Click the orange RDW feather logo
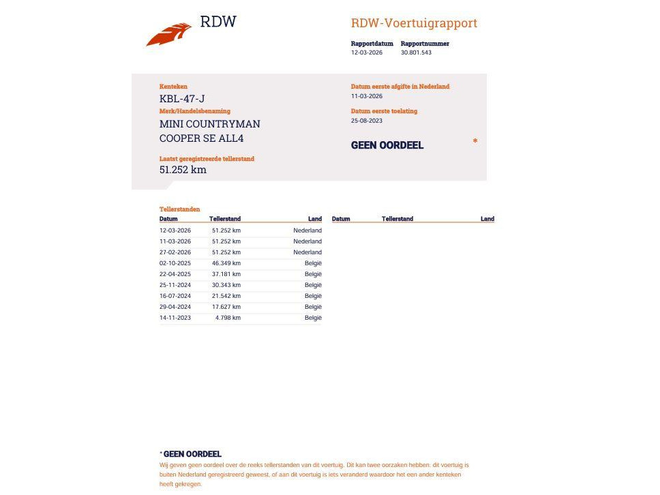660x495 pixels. point(168,34)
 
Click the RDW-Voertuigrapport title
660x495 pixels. point(414,23)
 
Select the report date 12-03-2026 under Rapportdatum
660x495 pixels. point(367,52)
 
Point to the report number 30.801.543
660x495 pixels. point(416,52)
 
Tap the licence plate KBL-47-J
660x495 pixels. point(182,98)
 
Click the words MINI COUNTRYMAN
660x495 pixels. point(209,124)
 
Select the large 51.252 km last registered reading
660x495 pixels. point(183,170)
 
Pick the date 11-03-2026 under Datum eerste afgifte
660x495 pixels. point(367,96)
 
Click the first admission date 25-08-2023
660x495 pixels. point(367,121)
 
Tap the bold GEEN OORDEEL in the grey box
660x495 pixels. point(387,145)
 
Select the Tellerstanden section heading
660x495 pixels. point(180,209)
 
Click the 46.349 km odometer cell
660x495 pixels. point(226,263)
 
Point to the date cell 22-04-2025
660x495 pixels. point(175,274)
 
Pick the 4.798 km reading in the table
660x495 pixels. point(228,318)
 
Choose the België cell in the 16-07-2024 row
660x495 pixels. point(313,296)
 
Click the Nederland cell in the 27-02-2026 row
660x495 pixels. point(307,252)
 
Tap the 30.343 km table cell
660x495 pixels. point(226,285)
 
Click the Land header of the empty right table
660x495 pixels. point(487,219)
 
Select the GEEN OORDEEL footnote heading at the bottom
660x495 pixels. point(192,454)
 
